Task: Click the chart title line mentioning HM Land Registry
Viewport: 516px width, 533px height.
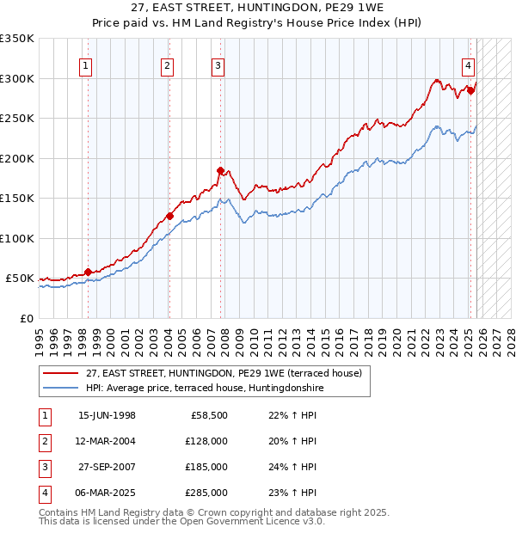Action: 257,24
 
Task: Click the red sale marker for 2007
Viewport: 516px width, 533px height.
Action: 220,170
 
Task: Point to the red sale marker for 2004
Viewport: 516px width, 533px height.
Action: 169,216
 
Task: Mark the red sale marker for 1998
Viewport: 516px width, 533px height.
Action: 88,272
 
